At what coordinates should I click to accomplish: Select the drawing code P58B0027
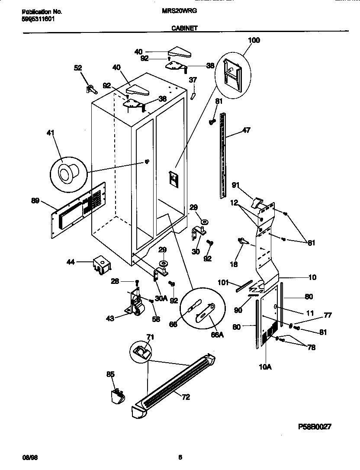(x=315, y=426)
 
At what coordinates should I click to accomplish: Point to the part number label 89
(x=36, y=200)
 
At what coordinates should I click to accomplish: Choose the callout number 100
(x=254, y=40)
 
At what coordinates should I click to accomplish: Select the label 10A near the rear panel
(x=265, y=367)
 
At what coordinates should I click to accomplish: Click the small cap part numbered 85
(x=116, y=395)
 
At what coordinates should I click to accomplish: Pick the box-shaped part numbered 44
(x=101, y=265)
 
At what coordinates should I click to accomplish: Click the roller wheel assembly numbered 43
(x=136, y=303)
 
